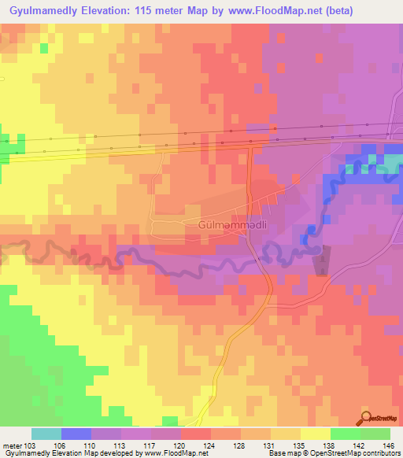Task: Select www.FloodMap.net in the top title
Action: coord(267,11)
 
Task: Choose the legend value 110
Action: coord(91,446)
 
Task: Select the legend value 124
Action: coord(211,446)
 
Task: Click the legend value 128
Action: coord(241,446)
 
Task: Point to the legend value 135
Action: coord(301,446)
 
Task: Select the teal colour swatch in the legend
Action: coord(46,434)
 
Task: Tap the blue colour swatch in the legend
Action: coord(76,434)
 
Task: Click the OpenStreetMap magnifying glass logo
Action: coord(365,417)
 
